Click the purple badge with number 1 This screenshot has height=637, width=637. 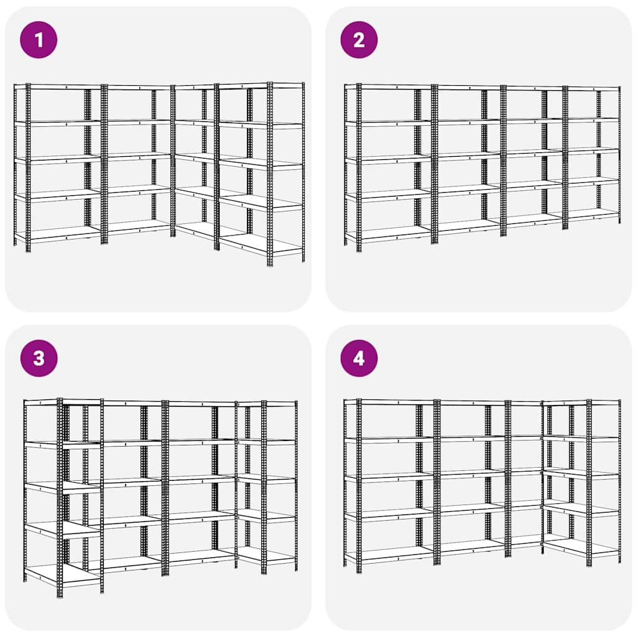tap(39, 40)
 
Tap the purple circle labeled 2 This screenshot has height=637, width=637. tap(359, 40)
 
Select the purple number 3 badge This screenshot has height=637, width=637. tap(39, 358)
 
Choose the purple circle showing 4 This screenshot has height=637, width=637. tap(359, 358)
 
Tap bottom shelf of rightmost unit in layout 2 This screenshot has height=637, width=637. tap(593, 213)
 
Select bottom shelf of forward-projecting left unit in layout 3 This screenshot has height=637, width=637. tap(62, 574)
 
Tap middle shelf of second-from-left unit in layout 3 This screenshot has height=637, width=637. tap(132, 481)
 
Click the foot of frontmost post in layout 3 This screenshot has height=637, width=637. tap(60, 594)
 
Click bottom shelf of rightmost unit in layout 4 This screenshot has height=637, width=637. tap(582, 547)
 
